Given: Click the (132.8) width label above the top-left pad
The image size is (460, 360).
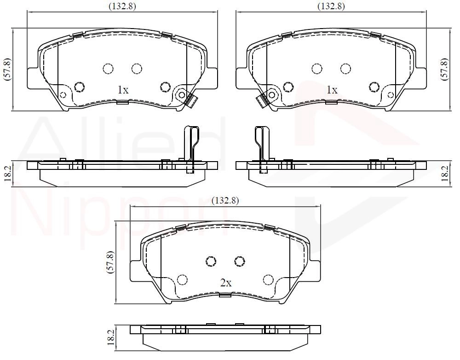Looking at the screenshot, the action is click(122, 6).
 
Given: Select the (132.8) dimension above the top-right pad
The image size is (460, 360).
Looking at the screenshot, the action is click(331, 6).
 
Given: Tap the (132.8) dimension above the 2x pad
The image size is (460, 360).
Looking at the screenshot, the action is click(225, 200).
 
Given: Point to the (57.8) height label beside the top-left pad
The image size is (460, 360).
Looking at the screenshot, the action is click(8, 70).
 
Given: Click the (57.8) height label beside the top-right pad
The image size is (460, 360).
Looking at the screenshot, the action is click(445, 70).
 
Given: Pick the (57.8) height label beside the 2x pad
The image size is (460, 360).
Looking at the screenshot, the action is click(110, 262).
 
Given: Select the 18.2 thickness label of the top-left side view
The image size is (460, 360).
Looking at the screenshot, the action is click(8, 174).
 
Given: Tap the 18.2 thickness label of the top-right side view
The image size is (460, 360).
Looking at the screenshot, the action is click(445, 174).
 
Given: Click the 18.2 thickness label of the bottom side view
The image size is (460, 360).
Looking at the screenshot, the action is click(110, 337).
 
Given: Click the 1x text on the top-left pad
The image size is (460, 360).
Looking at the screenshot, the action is click(123, 90).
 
